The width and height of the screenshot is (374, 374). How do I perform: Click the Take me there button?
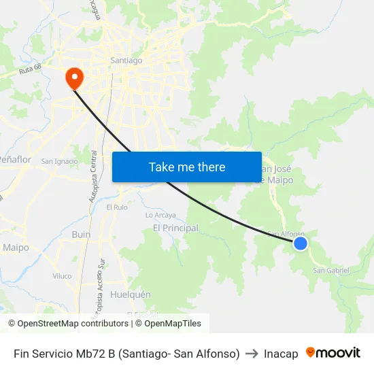[x=187, y=167]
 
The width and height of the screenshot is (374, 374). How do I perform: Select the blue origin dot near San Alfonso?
[x=300, y=243]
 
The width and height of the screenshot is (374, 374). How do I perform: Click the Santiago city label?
[x=126, y=61]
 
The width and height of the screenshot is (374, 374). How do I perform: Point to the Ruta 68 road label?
[x=31, y=69]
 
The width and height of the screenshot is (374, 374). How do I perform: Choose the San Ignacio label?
[x=59, y=161]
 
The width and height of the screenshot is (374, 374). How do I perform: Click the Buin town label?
[x=81, y=234]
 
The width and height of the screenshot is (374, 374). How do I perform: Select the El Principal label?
[x=175, y=228]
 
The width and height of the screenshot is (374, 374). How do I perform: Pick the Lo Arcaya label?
[x=160, y=215]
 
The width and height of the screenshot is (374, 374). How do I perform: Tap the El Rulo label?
[x=116, y=207]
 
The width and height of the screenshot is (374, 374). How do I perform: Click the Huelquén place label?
[x=130, y=295]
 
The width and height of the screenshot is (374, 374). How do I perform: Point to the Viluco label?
[x=62, y=276]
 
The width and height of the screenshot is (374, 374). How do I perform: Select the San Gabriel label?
[x=330, y=270]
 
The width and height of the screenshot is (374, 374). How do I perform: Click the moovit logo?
[x=333, y=353]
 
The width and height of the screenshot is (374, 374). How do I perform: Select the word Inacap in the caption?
[x=281, y=354]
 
